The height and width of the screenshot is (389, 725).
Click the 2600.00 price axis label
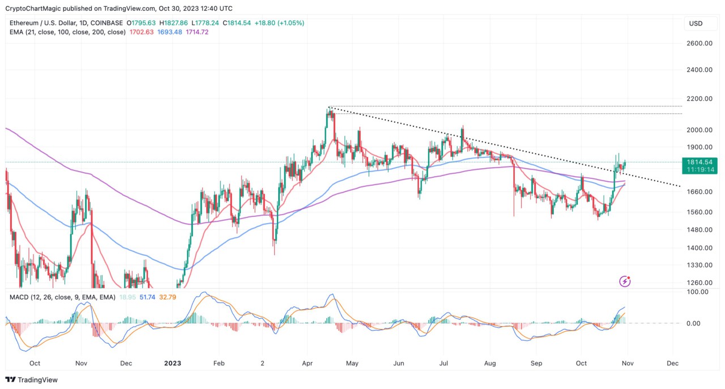tap(698, 44)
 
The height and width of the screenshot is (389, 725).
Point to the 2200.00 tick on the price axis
tap(698, 99)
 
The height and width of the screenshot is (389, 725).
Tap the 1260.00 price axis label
tap(698, 283)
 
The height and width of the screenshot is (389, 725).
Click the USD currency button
tap(696, 23)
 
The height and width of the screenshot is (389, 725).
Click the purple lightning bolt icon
tap(625, 281)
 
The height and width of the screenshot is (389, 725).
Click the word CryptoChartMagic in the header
tap(33, 8)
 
